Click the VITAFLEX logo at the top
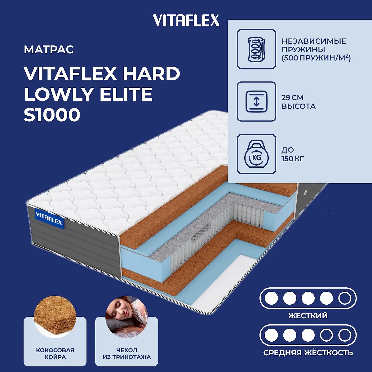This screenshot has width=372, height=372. (186, 20)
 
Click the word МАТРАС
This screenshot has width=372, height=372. (49, 50)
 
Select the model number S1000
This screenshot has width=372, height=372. (52, 115)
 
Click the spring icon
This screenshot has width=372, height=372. (256, 49)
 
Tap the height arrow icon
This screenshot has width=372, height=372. (256, 102)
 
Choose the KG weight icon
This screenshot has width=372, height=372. (256, 154)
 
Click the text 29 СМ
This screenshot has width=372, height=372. (292, 98)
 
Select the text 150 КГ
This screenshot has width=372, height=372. (293, 159)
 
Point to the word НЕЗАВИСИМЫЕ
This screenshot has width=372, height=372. (314, 41)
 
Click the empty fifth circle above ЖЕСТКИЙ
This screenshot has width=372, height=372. (345, 298)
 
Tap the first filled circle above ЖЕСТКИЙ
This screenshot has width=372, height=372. (272, 298)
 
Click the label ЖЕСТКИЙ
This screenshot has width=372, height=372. (308, 316)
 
